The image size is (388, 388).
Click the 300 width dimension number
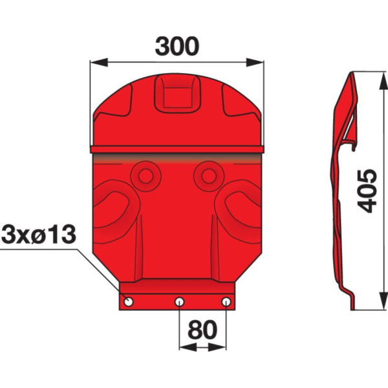(177, 47)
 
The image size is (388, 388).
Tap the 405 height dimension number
(368, 191)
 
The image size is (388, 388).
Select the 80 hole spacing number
(202, 330)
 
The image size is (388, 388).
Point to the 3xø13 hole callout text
(38, 234)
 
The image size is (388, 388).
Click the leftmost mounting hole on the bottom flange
(129, 301)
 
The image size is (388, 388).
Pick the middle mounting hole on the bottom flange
(179, 301)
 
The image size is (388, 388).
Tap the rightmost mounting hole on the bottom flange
(226, 301)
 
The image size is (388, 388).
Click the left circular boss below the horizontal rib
(145, 176)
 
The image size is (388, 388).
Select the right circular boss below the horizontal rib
(209, 176)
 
